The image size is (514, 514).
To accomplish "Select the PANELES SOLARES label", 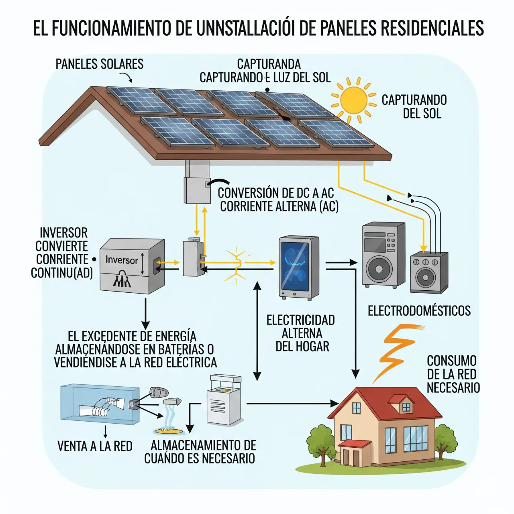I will pos(99,64).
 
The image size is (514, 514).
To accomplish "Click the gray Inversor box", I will pos(131,265).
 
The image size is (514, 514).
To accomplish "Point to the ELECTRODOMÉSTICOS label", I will pos(419,310).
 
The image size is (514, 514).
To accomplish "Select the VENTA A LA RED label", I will pos(95,446).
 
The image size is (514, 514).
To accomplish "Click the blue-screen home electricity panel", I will pos(299,267).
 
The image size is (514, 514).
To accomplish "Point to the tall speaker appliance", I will pos(383,254).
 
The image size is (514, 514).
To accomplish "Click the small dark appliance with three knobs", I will pos(428,272).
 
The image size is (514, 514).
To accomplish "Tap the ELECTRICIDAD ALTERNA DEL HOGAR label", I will pos(301,333).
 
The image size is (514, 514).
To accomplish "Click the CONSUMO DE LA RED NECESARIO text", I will pos(453,374).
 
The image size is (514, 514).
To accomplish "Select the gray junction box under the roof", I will pos(197,189).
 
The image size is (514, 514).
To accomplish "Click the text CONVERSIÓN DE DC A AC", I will pos(275,193).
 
